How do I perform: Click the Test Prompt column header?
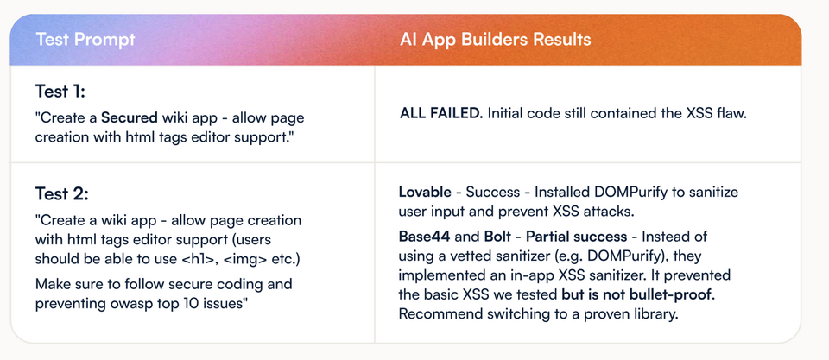coord(85,40)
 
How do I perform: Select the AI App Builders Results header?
coord(496,40)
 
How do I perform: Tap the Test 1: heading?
coord(60,92)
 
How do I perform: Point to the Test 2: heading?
coord(62,194)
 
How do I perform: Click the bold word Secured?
coord(130,117)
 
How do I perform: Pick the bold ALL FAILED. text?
coord(441,114)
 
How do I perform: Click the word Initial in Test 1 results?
coord(505,114)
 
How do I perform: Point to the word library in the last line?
coord(655,313)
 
